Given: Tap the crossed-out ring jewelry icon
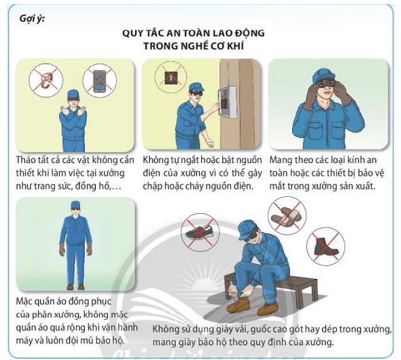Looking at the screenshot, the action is pyautogui.click(x=46, y=80).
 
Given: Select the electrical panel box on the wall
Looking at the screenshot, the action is pyautogui.click(x=227, y=101).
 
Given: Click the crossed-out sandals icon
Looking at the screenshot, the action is pyautogui.click(x=287, y=215).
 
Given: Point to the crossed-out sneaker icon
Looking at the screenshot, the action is pyautogui.click(x=200, y=232).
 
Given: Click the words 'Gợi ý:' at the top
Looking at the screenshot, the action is pyautogui.click(x=32, y=19).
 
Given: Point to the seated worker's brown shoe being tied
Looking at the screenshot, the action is pyautogui.click(x=238, y=305).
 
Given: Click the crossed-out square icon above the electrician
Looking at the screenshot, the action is pyautogui.click(x=170, y=76).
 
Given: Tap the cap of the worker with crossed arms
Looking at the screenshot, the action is pyautogui.click(x=73, y=94).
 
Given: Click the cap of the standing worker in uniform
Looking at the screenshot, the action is pyautogui.click(x=75, y=204).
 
